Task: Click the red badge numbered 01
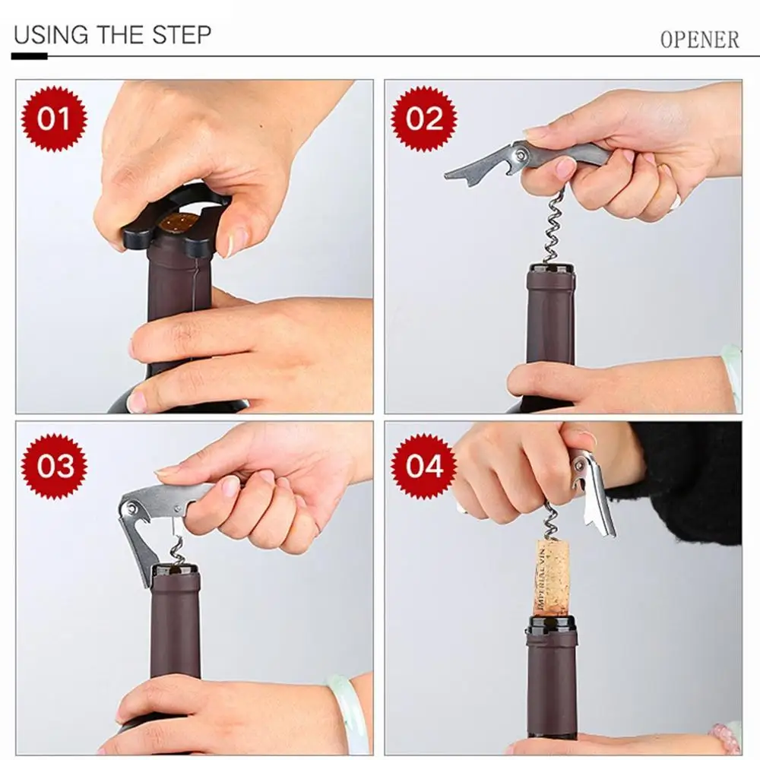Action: (x=54, y=119)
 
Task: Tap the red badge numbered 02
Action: (x=424, y=119)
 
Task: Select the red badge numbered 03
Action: (x=54, y=467)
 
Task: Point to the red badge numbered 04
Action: (x=424, y=467)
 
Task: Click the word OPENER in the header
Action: (x=699, y=40)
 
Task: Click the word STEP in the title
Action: (x=182, y=35)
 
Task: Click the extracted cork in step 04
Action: (x=552, y=578)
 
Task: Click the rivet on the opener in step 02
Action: (x=521, y=155)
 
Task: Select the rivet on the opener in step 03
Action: (x=131, y=508)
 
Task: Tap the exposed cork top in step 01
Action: (x=176, y=223)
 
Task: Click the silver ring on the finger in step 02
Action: (x=674, y=203)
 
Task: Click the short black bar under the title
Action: (x=30, y=57)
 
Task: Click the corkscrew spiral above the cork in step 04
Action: (x=550, y=521)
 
